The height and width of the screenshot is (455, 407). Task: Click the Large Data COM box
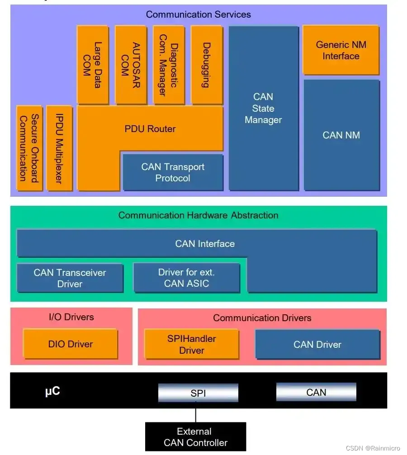tap(92, 65)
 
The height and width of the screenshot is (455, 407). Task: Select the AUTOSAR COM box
tap(130, 65)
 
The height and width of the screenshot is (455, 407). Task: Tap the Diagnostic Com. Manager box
tap(168, 65)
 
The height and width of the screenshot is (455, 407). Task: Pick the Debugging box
tap(207, 65)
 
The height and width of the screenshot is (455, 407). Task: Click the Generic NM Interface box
tap(341, 50)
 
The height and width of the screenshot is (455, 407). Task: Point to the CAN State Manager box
tap(263, 109)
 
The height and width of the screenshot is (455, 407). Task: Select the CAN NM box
tap(341, 135)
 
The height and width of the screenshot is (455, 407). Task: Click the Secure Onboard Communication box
tap(29, 148)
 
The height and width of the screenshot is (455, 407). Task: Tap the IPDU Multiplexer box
tap(59, 148)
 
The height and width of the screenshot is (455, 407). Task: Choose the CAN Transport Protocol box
tap(173, 172)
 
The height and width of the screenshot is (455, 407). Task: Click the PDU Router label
tap(150, 129)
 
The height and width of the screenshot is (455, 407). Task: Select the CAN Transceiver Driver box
tap(70, 278)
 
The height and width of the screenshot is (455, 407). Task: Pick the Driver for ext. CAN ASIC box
tap(186, 278)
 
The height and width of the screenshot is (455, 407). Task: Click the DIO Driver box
tap(70, 344)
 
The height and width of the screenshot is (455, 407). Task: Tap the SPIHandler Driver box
tap(191, 344)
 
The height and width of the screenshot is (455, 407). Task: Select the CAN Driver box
tap(317, 344)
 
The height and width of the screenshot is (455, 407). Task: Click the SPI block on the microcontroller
tap(198, 393)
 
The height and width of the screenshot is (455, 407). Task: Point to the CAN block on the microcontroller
tap(316, 392)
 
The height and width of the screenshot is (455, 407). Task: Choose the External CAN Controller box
tap(195, 437)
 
